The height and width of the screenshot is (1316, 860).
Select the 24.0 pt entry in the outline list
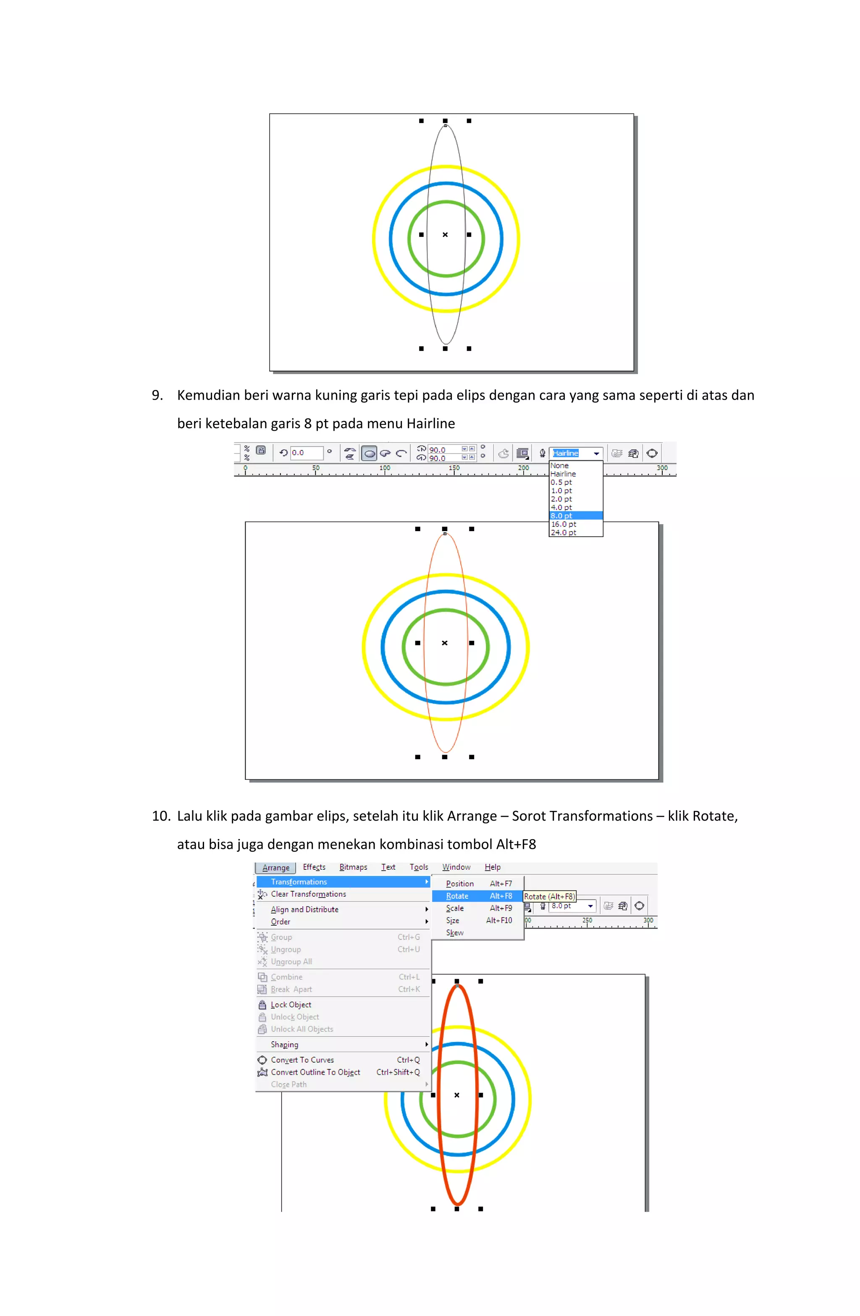coord(563,532)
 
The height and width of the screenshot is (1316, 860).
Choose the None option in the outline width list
coord(559,466)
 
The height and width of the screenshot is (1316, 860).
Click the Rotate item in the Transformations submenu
coord(458,896)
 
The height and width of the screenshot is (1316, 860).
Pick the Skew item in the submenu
coord(455,933)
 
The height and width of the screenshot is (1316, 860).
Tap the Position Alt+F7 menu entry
coord(478,884)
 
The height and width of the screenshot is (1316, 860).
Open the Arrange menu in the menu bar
coord(275,868)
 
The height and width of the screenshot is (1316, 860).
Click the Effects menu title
coord(314,867)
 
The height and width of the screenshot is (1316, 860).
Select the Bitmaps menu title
coord(353,867)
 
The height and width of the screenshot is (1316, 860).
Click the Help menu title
coord(493,867)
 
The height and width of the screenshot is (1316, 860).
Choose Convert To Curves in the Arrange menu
coord(302,1060)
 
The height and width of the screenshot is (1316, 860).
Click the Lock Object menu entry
coord(291,1005)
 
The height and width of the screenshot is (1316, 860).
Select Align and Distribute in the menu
coord(304,910)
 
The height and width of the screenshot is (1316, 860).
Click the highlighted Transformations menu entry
coord(299,882)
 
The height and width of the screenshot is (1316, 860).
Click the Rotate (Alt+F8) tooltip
coord(549,896)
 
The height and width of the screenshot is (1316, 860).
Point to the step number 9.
coord(157,395)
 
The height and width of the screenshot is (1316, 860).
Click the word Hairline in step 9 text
coord(430,424)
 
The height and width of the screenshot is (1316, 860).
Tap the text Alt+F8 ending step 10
coord(516,844)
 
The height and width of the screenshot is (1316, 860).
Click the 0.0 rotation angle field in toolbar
coord(306,453)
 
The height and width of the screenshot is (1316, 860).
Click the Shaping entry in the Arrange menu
coord(285,1045)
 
